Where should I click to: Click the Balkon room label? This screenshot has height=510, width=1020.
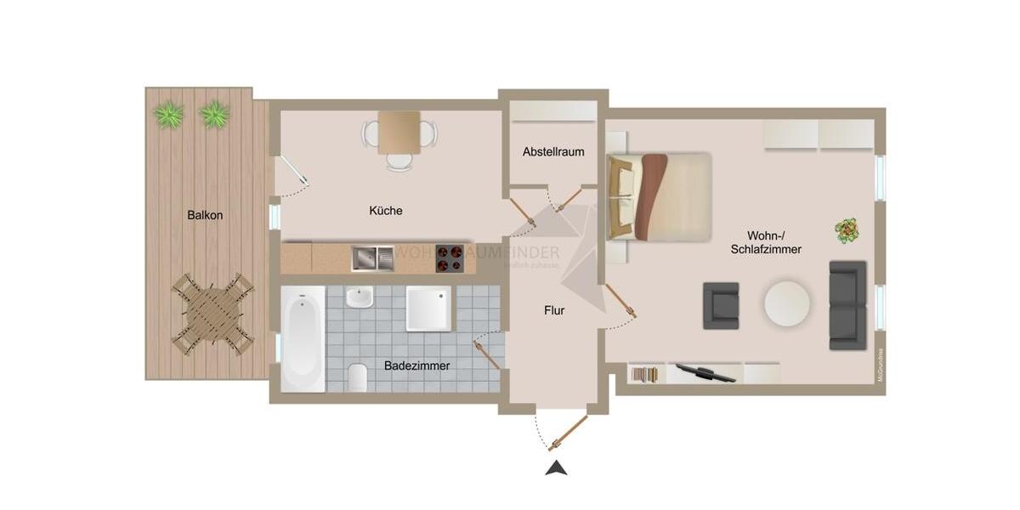pyautogui.click(x=205, y=215)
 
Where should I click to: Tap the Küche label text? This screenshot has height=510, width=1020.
pyautogui.click(x=386, y=211)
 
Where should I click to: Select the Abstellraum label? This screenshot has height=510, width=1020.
pyautogui.click(x=553, y=152)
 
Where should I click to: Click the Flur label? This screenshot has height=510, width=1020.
pyautogui.click(x=554, y=310)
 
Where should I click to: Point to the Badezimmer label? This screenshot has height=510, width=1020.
pyautogui.click(x=416, y=365)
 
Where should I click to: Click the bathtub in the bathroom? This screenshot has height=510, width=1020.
pyautogui.click(x=303, y=338)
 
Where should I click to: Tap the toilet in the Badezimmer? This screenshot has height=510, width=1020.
pyautogui.click(x=358, y=376)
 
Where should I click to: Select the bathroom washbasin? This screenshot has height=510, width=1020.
pyautogui.click(x=360, y=298)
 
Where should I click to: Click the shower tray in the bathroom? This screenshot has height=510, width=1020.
pyautogui.click(x=430, y=308)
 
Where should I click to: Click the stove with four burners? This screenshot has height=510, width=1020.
pyautogui.click(x=450, y=258)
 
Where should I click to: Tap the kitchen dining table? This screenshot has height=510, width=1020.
pyautogui.click(x=399, y=133)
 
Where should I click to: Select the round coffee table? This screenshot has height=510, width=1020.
pyautogui.click(x=787, y=303)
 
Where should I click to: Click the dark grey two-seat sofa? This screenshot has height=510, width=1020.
pyautogui.click(x=847, y=305)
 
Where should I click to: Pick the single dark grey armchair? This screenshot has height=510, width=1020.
pyautogui.click(x=721, y=305)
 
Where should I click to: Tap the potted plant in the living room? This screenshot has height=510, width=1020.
pyautogui.click(x=847, y=229)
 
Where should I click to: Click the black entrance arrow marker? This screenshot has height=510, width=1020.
pyautogui.click(x=556, y=467)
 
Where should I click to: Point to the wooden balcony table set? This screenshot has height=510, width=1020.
pyautogui.click(x=212, y=312)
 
